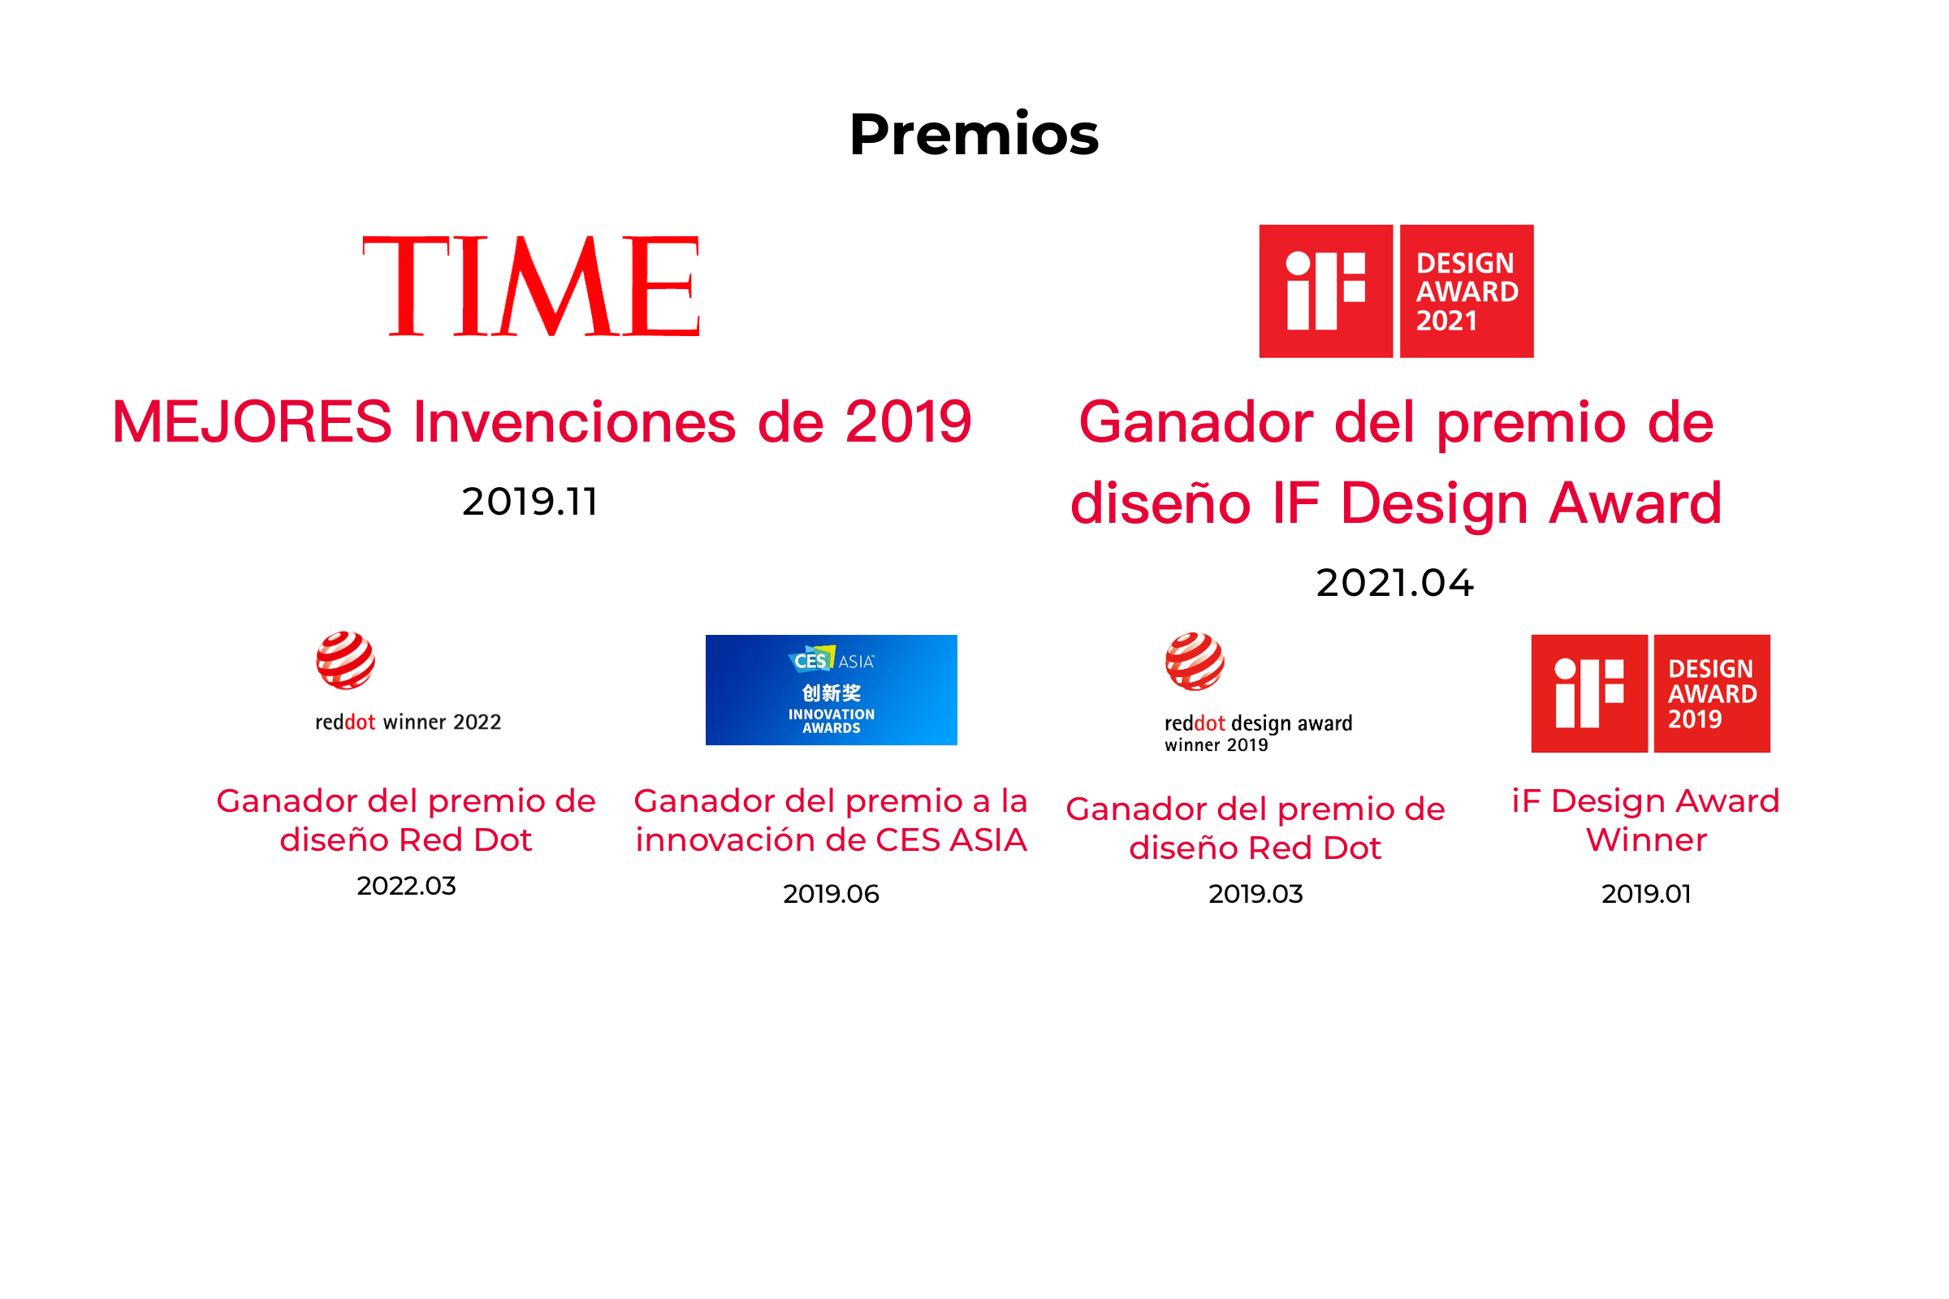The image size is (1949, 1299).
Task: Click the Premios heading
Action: click(x=974, y=134)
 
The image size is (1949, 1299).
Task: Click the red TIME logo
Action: click(x=531, y=286)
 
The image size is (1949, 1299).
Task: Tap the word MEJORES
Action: click(x=252, y=421)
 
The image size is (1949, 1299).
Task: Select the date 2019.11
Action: click(x=529, y=502)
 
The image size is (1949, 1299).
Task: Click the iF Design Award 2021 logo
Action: click(x=1396, y=291)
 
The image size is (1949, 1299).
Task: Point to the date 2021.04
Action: click(x=1395, y=583)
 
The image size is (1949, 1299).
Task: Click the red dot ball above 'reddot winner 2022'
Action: click(x=346, y=660)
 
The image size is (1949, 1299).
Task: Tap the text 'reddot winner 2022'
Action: click(x=408, y=723)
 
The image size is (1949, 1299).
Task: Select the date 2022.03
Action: click(x=406, y=886)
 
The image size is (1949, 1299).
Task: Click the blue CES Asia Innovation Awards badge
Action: click(x=831, y=690)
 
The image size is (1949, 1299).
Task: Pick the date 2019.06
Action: click(x=831, y=894)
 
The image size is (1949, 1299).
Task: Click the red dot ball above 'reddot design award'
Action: click(x=1195, y=661)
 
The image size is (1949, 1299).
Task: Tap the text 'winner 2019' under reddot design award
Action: click(x=1217, y=745)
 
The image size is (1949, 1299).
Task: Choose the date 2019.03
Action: click(x=1255, y=894)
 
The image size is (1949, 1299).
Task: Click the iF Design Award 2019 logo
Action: click(x=1651, y=693)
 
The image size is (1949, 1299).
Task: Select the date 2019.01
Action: click(x=1647, y=894)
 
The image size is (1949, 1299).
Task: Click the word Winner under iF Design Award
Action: click(x=1647, y=840)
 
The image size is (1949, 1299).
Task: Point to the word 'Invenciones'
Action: click(x=574, y=421)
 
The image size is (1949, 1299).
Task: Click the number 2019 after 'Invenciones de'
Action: click(x=908, y=421)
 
